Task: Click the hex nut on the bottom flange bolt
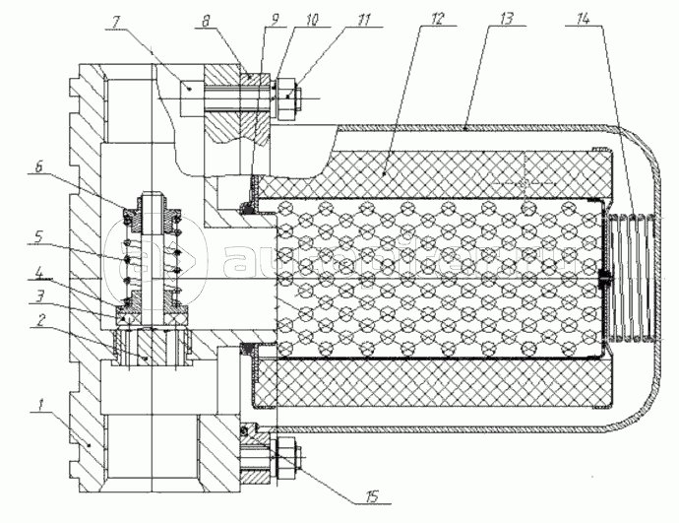click(286, 455)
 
